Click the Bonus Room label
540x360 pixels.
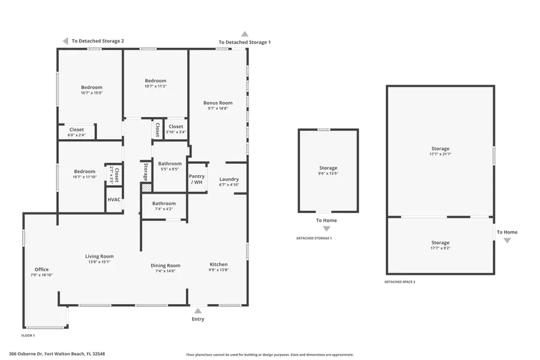click(x=218, y=103)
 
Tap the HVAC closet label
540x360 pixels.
click(x=113, y=200)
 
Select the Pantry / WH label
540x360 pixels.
click(x=197, y=179)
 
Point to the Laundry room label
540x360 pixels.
click(x=229, y=179)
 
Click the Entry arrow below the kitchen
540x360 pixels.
click(x=198, y=310)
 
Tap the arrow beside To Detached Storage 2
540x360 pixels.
click(x=65, y=41)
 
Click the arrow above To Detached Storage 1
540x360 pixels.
click(x=244, y=34)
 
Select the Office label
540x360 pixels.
click(x=41, y=269)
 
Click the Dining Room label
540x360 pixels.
click(x=165, y=265)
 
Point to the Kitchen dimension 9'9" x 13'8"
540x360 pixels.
click(x=218, y=270)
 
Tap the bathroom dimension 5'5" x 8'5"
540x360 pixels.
click(x=170, y=169)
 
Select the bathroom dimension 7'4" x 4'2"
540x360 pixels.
click(x=164, y=209)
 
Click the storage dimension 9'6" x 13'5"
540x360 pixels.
click(x=328, y=174)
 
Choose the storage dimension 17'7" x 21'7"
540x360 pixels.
click(x=440, y=154)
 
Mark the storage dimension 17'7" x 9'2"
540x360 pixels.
click(x=440, y=248)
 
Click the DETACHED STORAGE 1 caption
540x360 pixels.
click(x=314, y=238)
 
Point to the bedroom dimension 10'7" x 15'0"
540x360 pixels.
click(x=92, y=93)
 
